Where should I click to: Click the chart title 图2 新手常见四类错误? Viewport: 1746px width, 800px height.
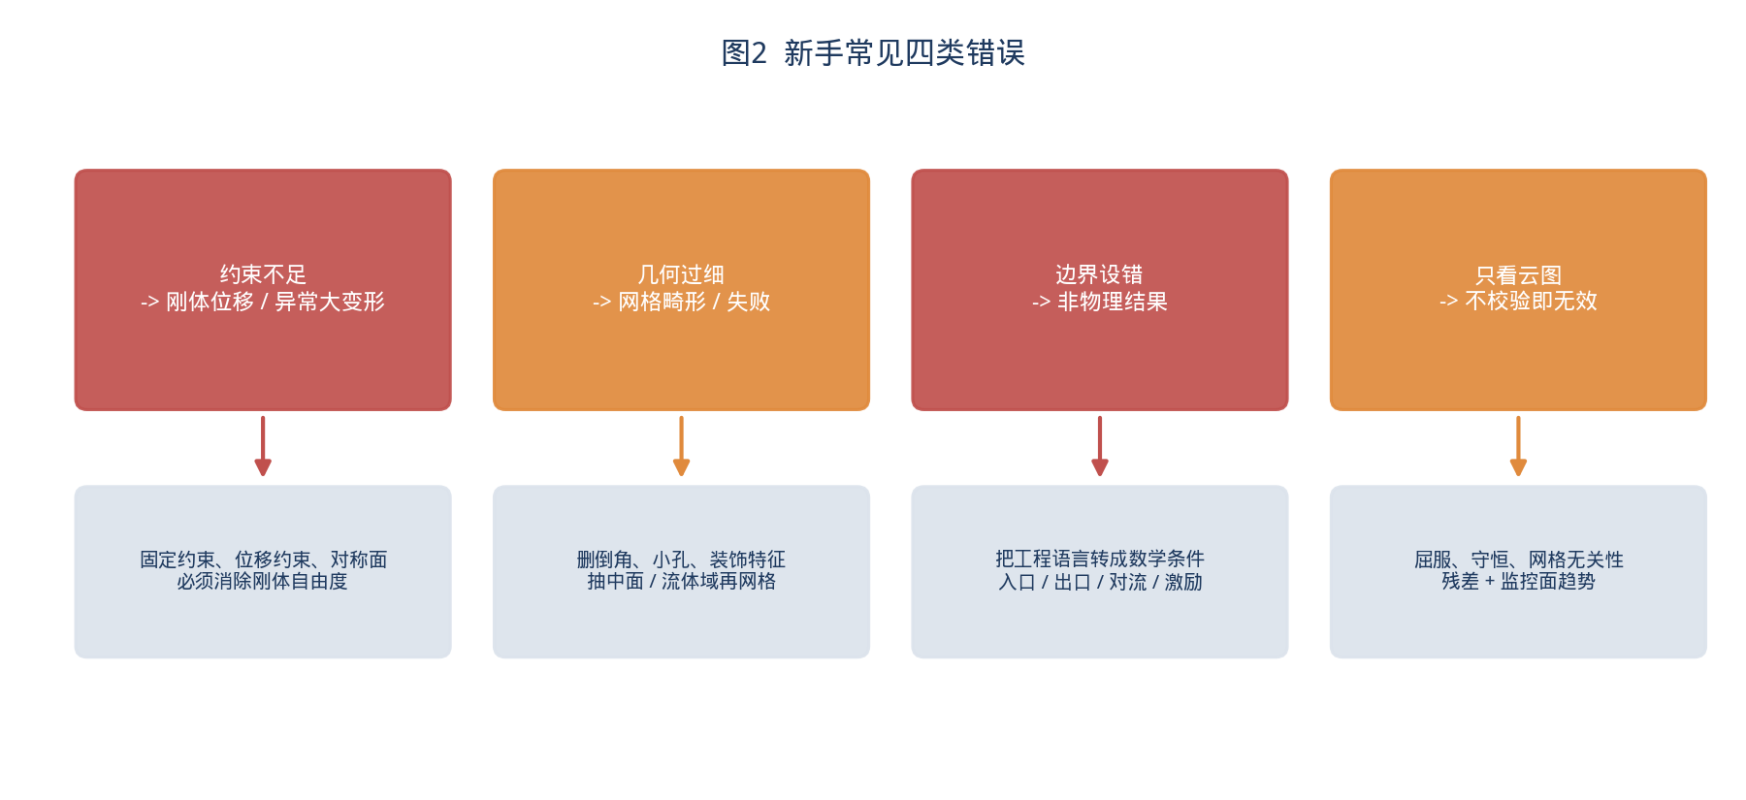(x=873, y=52)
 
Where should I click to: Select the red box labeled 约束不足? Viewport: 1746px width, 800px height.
(x=263, y=290)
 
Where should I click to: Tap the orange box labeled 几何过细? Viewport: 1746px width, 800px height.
(x=681, y=290)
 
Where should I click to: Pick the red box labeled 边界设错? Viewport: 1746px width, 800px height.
(x=1100, y=290)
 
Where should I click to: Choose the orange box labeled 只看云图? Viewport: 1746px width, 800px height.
(x=1518, y=290)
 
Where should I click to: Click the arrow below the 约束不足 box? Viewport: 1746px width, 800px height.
(x=263, y=446)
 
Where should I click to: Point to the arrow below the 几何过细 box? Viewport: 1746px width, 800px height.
(x=681, y=446)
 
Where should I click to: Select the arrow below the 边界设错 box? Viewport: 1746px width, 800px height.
(x=1100, y=446)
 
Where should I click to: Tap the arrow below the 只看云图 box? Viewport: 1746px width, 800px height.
(x=1518, y=446)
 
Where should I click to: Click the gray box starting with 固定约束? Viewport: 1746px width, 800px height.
(x=263, y=571)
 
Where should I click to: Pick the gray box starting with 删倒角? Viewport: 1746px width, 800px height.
(x=681, y=571)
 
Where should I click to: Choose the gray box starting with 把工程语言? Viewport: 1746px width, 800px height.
(x=1100, y=571)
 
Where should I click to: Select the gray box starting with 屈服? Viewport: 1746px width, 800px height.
(x=1518, y=571)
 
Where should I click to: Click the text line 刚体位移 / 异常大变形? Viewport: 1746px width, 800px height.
(x=275, y=302)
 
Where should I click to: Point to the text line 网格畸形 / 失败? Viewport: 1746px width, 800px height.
(x=695, y=302)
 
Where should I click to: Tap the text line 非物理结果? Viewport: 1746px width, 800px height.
(x=1113, y=302)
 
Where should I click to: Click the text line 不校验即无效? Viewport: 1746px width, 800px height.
(x=1531, y=301)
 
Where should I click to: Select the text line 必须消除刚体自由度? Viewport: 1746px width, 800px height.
(x=263, y=581)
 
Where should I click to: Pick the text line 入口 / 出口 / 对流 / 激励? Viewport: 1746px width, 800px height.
(x=1100, y=582)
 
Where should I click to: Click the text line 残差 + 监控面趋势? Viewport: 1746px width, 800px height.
(x=1518, y=581)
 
